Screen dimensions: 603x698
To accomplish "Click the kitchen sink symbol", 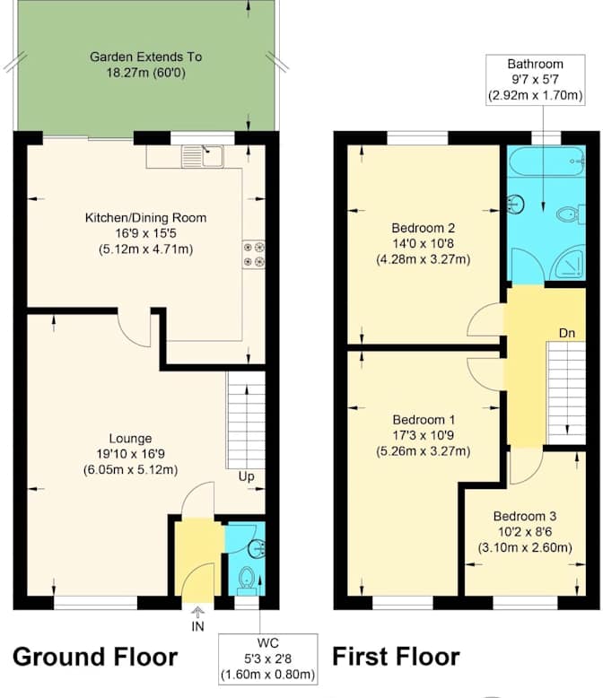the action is (203, 156).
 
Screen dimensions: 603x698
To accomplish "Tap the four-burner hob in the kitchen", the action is (253, 255).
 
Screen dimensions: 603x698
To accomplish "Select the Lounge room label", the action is (130, 439).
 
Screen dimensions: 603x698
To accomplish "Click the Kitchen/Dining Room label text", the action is (145, 218).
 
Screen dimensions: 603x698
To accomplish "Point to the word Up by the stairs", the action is (246, 476).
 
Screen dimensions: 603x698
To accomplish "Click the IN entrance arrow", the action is (198, 611).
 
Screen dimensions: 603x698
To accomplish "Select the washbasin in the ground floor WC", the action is (257, 548).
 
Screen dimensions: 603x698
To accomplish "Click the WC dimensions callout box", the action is (268, 659).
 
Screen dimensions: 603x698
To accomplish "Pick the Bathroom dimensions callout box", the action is (536, 80).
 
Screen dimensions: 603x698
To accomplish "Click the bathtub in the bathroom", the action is (546, 161).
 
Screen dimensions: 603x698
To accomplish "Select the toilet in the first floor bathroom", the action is (571, 214).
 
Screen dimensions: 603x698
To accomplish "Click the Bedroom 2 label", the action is (423, 228).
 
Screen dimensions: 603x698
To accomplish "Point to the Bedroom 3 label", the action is (525, 517).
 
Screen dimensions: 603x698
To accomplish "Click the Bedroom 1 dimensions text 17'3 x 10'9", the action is (423, 435).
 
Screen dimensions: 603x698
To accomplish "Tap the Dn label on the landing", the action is (567, 333).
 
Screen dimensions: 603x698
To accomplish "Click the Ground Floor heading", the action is (95, 657).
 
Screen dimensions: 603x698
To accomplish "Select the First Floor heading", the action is (396, 657).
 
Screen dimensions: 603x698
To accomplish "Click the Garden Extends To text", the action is (145, 57).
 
